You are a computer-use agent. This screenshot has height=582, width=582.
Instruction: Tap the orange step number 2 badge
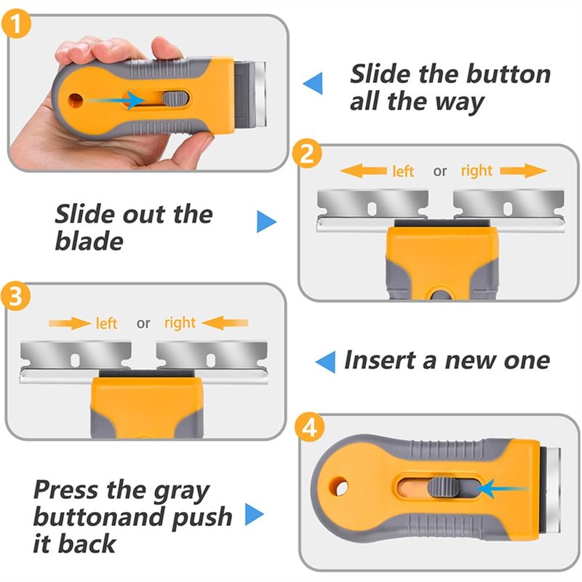(x=307, y=154)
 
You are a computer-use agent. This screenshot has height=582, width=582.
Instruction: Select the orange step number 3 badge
(x=15, y=296)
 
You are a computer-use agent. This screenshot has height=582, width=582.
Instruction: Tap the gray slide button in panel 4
(x=443, y=487)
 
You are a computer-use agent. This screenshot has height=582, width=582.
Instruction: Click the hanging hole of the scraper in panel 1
(x=75, y=100)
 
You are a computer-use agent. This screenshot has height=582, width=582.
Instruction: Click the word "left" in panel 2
(x=403, y=172)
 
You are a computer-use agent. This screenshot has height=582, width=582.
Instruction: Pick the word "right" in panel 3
(x=180, y=323)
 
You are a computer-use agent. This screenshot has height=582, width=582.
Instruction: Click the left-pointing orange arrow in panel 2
(x=363, y=171)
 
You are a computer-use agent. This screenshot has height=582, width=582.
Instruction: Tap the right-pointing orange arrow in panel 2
(x=523, y=171)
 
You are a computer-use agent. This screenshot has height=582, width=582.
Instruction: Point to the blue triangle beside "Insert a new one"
(x=325, y=362)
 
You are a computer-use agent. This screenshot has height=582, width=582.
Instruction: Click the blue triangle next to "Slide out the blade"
(x=266, y=222)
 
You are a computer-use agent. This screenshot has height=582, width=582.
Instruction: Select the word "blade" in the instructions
(x=89, y=242)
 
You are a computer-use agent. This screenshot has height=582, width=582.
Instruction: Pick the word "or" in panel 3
(x=143, y=324)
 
